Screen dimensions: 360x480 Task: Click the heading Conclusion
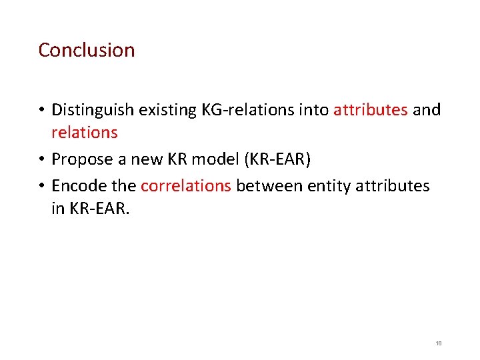point(87,50)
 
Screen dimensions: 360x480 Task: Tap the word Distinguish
point(91,110)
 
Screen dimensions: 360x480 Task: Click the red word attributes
point(371,110)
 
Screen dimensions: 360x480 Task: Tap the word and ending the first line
point(427,110)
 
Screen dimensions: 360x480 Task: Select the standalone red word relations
point(85,133)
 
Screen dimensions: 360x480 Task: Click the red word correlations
point(186,186)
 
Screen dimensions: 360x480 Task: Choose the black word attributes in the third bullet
point(393,186)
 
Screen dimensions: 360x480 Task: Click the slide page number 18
point(438,343)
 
